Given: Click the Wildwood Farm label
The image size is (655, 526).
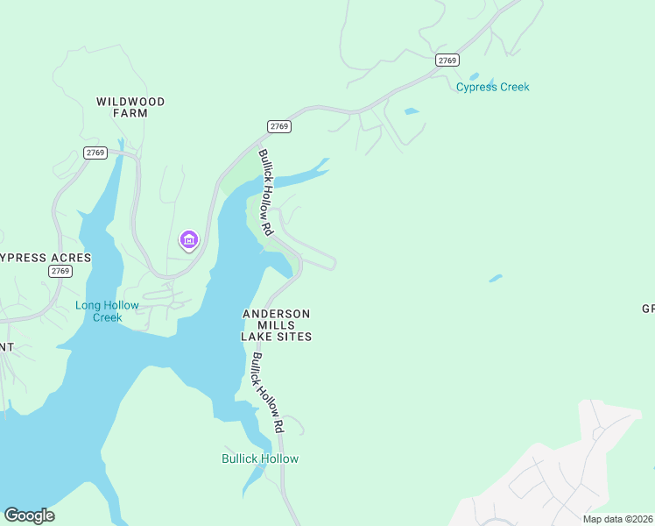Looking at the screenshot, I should [x=130, y=107].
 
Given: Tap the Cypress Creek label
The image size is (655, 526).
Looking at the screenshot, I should [x=492, y=87].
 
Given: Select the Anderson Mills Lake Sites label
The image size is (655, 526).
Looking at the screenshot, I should [x=277, y=324].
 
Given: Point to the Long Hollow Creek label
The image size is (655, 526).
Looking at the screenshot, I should [x=107, y=311].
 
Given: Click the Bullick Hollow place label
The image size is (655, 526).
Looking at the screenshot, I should [x=259, y=458].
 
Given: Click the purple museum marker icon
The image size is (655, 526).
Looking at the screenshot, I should [x=187, y=239].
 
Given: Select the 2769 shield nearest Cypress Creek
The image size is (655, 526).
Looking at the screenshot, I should [x=447, y=60].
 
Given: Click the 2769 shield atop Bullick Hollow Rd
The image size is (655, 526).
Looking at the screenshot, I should [x=279, y=127].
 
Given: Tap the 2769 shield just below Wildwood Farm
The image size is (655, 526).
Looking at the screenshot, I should [x=95, y=153].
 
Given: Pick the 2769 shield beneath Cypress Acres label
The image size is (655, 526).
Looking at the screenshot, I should [x=60, y=271].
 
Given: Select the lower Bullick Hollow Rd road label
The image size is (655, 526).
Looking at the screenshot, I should [x=265, y=392].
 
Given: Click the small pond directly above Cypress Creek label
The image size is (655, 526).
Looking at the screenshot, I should [x=474, y=76].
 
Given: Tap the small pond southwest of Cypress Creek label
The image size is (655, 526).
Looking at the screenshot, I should [x=411, y=111].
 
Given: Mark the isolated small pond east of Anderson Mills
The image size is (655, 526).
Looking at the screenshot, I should [x=496, y=279].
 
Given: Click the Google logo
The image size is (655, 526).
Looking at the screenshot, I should [x=29, y=515].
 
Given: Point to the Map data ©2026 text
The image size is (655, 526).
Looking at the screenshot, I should [x=617, y=519].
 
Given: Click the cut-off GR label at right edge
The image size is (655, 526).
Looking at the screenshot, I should [x=648, y=309].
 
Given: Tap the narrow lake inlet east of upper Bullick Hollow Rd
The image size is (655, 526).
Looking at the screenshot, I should [x=302, y=174].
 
